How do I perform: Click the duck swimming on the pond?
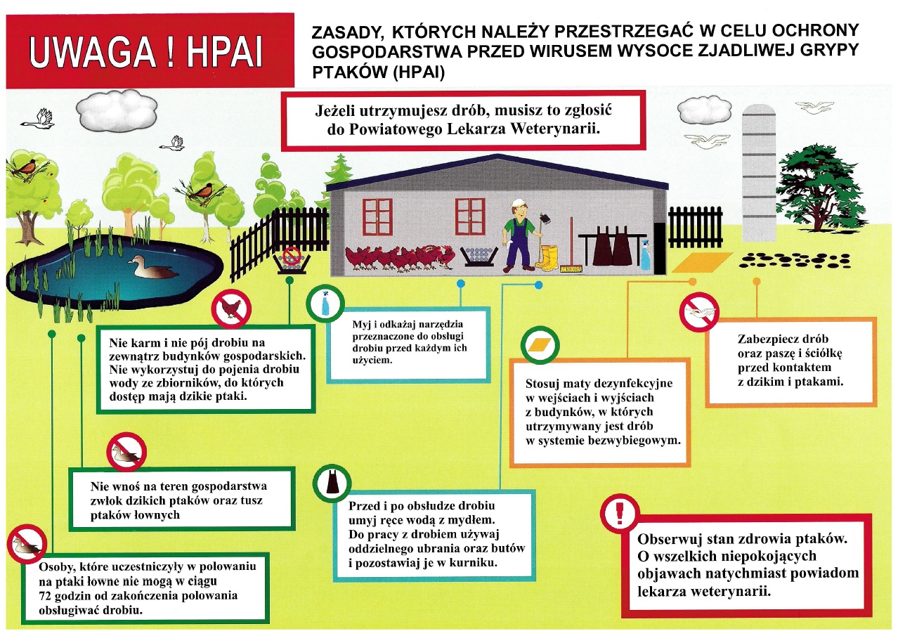152,268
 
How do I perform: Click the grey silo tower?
759,169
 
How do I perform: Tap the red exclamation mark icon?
620,512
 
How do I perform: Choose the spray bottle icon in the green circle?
325,304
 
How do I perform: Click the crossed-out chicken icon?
232,309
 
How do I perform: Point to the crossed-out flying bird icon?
698,311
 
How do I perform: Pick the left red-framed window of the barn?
377,216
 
